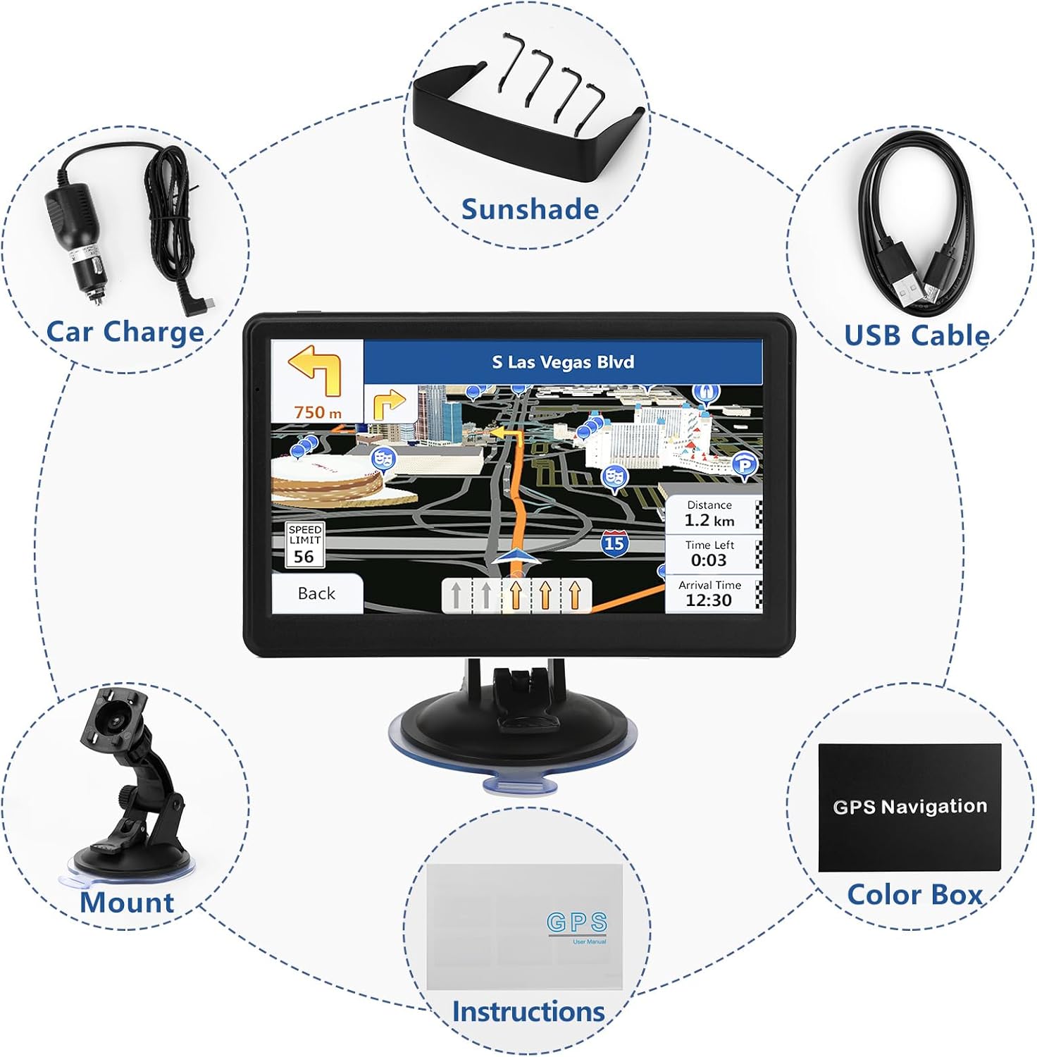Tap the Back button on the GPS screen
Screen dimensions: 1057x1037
click(x=316, y=593)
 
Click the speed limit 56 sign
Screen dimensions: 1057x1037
click(x=304, y=544)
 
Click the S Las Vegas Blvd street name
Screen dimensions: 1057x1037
click(x=563, y=362)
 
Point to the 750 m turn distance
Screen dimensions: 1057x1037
click(x=317, y=412)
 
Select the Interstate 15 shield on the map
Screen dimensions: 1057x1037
click(x=614, y=543)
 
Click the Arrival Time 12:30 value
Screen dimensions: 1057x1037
click(x=709, y=600)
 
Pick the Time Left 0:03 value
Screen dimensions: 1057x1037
click(x=709, y=560)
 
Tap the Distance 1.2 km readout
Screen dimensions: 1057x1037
click(x=709, y=521)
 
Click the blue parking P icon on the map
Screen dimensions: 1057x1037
click(x=744, y=465)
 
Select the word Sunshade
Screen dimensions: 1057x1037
click(x=530, y=209)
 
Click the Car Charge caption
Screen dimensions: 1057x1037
click(x=125, y=332)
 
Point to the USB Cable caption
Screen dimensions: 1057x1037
click(x=916, y=335)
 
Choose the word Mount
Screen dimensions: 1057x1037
click(x=127, y=903)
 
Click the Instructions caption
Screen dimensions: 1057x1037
click(x=528, y=1011)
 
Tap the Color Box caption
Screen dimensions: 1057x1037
click(x=914, y=895)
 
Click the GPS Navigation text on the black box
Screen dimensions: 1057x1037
click(x=909, y=807)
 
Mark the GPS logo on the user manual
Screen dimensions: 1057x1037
click(x=577, y=922)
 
